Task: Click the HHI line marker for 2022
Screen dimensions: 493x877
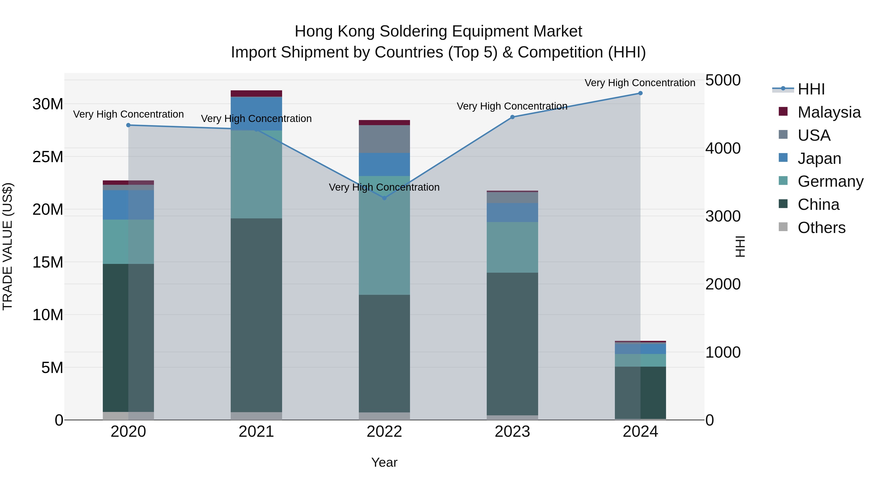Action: tap(384, 198)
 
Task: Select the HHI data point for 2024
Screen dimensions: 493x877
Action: tap(640, 93)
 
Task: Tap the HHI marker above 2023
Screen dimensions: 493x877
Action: tap(512, 117)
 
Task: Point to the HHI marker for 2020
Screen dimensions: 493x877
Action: tap(128, 125)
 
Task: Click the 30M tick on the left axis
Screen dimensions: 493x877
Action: tap(48, 104)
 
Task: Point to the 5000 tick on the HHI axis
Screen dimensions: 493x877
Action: tap(723, 80)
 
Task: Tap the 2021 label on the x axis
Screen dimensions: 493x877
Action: tap(256, 432)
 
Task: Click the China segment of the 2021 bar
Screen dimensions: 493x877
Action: tap(256, 315)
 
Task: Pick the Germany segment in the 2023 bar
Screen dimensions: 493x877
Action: tap(512, 247)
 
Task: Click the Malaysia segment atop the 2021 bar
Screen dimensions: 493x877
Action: tap(256, 93)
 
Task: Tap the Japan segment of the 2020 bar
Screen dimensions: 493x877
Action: tap(128, 205)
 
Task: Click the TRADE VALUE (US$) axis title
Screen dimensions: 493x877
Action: tap(8, 246)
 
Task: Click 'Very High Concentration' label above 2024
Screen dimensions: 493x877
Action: tap(640, 83)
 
